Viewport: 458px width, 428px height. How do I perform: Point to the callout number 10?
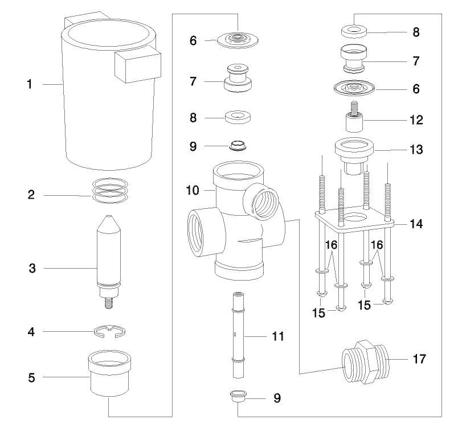click(x=194, y=188)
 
